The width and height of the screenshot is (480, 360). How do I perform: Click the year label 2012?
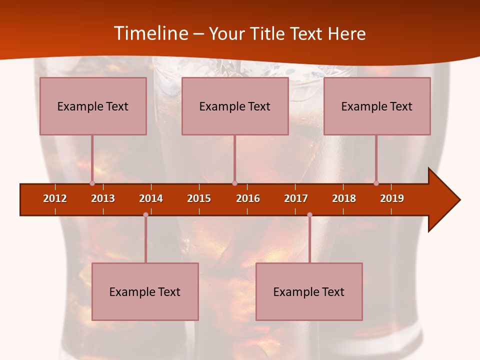point(55,198)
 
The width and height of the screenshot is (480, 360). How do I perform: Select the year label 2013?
point(103,198)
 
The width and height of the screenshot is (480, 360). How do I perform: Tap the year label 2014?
point(151,198)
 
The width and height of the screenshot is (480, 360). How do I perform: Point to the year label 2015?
point(199,198)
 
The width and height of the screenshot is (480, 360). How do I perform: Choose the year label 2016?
point(248,198)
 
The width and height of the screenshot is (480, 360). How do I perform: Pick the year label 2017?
point(296,198)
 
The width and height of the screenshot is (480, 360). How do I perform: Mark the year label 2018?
point(344,198)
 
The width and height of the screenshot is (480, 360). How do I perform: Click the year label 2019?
point(392,198)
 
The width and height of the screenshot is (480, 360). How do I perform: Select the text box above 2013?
point(93,106)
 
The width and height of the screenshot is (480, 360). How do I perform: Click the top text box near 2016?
point(235,106)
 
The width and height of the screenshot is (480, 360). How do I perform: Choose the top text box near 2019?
point(377,106)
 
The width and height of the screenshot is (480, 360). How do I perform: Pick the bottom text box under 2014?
point(145,291)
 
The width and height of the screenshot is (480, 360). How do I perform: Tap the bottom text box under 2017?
point(309,291)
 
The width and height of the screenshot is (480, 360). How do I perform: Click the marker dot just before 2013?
point(92,183)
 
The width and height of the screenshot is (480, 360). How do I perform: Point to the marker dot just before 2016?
point(234,183)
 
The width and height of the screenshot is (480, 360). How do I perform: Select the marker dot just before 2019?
point(376,183)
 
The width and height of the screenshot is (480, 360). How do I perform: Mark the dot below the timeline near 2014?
point(145,214)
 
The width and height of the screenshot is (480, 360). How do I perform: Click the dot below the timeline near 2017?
point(309,214)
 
